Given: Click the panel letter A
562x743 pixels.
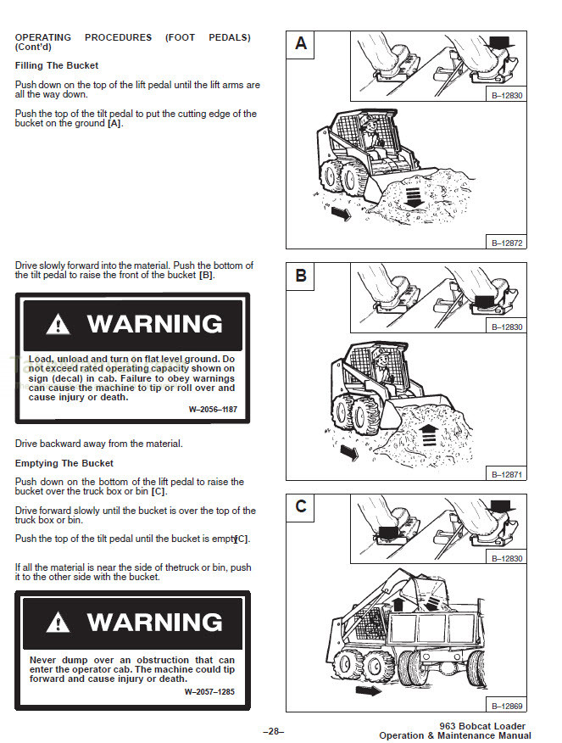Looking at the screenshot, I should tap(301, 43).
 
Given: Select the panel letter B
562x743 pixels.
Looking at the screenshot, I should tap(301, 276).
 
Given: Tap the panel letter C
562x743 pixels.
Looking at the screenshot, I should tap(301, 507).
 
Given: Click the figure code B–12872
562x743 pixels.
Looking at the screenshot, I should tap(507, 243).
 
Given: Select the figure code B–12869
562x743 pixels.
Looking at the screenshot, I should tap(507, 706).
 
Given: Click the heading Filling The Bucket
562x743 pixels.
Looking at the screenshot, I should tap(57, 65).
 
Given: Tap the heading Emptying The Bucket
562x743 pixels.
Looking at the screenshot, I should tap(64, 463).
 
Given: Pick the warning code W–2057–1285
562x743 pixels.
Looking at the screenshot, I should tap(209, 691).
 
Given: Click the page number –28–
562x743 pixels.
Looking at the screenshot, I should tap(273, 731).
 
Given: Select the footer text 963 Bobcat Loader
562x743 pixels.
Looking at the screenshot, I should tap(482, 726).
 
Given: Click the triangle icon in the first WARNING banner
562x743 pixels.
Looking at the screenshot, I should tap(58, 324).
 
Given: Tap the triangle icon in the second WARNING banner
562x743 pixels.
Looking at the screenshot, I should tap(58, 623).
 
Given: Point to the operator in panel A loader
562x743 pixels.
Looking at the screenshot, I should tap(367, 131).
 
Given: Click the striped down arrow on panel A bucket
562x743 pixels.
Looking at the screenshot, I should tap(413, 196).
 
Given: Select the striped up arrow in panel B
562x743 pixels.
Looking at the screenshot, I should tap(429, 435).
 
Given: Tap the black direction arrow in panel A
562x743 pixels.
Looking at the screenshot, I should tap(339, 215).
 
